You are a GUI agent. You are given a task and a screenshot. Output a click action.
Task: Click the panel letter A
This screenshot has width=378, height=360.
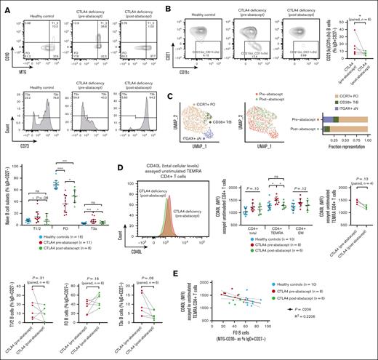[6, 6]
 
